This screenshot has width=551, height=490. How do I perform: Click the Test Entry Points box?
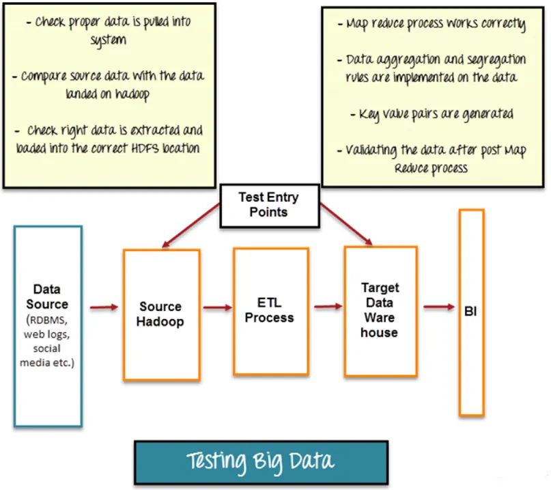click(x=268, y=204)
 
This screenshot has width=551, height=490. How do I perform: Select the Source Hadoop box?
click(x=161, y=314)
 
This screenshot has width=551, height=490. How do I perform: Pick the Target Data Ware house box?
click(x=380, y=310)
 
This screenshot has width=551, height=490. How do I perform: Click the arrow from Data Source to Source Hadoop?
click(x=103, y=308)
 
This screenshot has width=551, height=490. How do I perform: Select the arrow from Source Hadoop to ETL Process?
click(x=217, y=308)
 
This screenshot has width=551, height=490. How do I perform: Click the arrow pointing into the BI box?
click(x=438, y=307)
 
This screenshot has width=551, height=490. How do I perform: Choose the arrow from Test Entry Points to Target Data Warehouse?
click(x=345, y=223)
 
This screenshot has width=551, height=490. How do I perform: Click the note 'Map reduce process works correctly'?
click(x=436, y=25)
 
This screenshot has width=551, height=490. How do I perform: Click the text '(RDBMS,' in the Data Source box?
click(x=47, y=320)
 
